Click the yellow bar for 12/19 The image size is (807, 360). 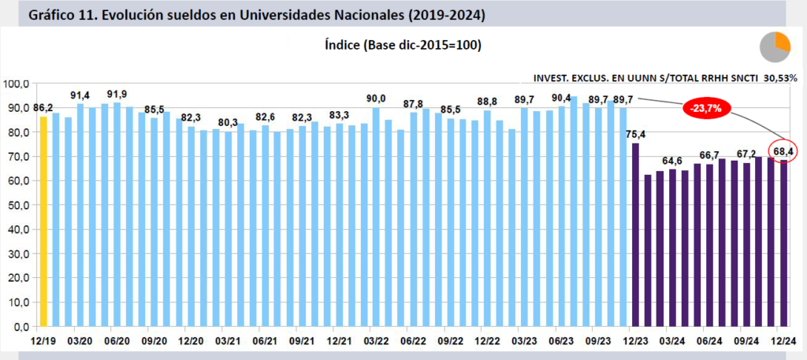pyautogui.click(x=43, y=221)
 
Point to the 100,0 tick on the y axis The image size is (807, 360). pyautogui.click(x=17, y=84)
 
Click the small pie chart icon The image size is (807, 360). pyautogui.click(x=775, y=47)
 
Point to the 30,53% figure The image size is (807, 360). pyautogui.click(x=779, y=78)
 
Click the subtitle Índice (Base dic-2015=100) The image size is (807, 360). pyautogui.click(x=403, y=45)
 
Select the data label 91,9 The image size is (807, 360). pyautogui.click(x=117, y=95)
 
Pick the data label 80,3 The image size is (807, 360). pyautogui.click(x=228, y=122)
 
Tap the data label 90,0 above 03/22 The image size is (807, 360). pyautogui.click(x=377, y=98)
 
